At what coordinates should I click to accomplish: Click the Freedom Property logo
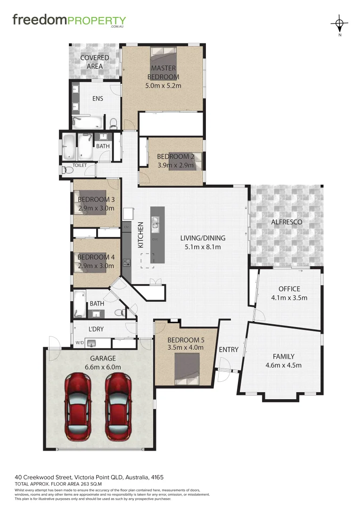(69, 21)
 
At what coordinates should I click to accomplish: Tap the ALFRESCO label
(286, 222)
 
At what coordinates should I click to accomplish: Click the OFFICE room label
(289, 289)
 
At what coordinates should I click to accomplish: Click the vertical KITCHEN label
(140, 235)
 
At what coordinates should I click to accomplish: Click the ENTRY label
(229, 350)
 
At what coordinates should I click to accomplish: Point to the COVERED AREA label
(94, 62)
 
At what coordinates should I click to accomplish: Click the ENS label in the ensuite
(98, 99)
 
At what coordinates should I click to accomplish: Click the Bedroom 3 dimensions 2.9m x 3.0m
(96, 207)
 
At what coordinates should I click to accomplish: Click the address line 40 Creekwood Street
(89, 477)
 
